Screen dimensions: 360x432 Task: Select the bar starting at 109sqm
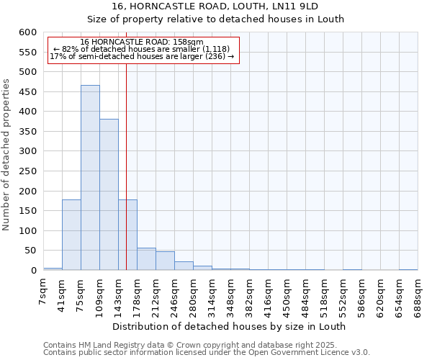(x=109, y=194)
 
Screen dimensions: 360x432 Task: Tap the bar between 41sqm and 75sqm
(x=71, y=235)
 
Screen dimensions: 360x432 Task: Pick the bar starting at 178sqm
(x=146, y=259)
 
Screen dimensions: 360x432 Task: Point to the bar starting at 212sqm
(x=165, y=261)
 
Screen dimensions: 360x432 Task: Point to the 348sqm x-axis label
(x=231, y=294)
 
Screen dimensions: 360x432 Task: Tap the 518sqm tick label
(x=325, y=294)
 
